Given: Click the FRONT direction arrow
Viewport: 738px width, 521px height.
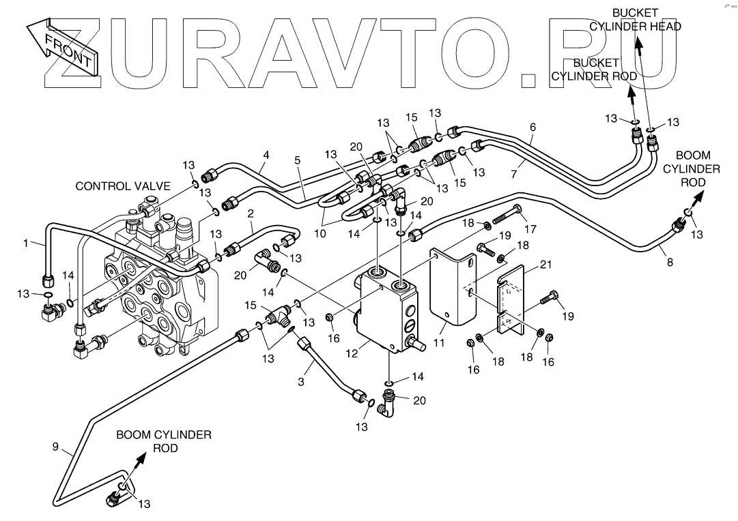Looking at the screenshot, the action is coord(61,47).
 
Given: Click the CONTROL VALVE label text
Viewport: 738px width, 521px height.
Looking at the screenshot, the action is coord(123,186).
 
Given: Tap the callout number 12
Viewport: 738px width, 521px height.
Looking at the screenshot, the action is coord(352,353).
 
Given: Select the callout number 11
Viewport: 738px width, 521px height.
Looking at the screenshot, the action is coord(439,343).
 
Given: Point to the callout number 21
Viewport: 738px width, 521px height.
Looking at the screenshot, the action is coord(545,265).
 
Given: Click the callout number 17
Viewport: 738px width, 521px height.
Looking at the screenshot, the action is coord(530,229).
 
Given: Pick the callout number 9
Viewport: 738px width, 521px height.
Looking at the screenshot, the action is coord(55,446).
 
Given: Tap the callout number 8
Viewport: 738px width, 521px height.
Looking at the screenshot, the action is coord(670,262).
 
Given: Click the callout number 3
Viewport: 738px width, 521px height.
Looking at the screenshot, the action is coord(301,381).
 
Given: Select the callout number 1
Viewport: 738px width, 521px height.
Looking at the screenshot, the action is coord(26,243).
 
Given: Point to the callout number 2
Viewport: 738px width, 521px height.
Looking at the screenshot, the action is coord(251,214).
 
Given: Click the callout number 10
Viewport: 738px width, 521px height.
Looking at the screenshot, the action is coord(320,234).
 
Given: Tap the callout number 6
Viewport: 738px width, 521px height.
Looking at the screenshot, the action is coord(533,127).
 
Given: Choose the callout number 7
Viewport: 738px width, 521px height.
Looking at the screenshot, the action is coord(513,175).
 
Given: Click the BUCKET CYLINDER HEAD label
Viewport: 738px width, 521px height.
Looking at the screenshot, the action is coord(636,19).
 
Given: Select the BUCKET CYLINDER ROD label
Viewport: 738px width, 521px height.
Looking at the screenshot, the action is coord(594,69).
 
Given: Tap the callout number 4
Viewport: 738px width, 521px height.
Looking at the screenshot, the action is coord(266,154).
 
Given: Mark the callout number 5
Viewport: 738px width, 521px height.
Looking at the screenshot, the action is coord(298,160).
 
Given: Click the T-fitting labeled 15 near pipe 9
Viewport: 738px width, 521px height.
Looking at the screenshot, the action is coord(281,316).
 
